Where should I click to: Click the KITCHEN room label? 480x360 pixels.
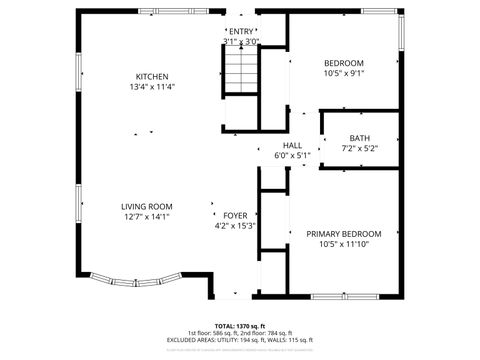(x=152, y=77)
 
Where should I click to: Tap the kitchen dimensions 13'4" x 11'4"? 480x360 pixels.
(x=152, y=87)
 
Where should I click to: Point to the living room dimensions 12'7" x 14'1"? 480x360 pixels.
(x=147, y=216)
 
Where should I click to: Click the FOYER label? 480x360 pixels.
(x=235, y=215)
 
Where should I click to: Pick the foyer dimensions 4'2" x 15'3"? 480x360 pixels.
(x=235, y=226)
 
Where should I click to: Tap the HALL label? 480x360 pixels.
(x=292, y=145)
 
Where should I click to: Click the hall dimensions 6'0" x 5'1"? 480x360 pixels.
(x=292, y=155)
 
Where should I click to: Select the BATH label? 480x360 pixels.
(x=359, y=138)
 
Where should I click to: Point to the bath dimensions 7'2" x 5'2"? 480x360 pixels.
(x=359, y=148)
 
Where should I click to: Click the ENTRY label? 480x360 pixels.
(x=241, y=32)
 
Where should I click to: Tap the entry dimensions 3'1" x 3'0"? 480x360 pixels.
(x=241, y=42)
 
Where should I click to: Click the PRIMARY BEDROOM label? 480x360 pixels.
(x=343, y=233)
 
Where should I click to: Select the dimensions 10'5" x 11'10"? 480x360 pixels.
(x=343, y=243)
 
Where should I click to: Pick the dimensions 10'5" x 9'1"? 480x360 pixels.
(x=343, y=72)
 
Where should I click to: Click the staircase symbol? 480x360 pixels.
(x=239, y=73)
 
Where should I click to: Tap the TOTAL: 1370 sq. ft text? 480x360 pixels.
(x=240, y=326)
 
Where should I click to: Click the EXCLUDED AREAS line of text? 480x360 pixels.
(x=240, y=341)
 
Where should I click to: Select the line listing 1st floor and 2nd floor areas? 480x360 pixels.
(x=240, y=333)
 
